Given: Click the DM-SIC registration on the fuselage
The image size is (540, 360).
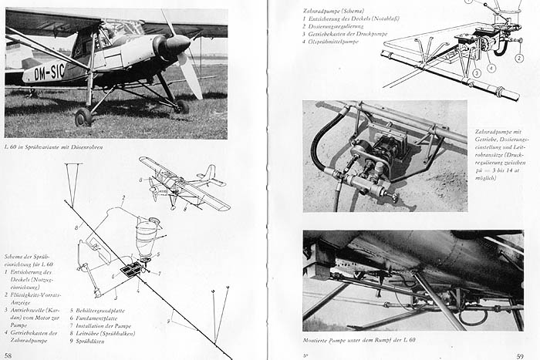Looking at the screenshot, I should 45,74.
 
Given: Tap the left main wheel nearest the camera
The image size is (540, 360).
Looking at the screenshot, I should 83,117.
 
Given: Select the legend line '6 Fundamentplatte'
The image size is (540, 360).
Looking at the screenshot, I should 100,318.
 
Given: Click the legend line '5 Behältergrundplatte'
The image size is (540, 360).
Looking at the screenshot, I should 104,311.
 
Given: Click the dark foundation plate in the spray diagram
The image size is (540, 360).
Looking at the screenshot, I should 131,269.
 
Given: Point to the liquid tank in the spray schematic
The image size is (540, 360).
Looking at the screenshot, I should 146,235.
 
